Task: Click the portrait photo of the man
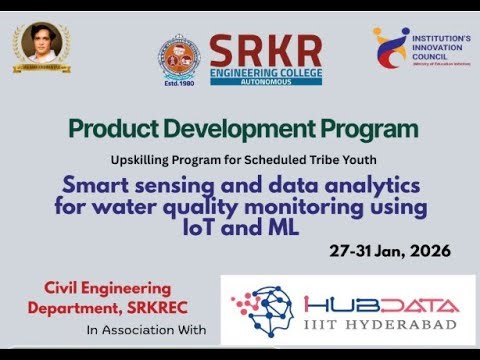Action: click(x=41, y=48)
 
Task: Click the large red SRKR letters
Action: click(x=265, y=49)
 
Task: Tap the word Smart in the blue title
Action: click(x=92, y=185)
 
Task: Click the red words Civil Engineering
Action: click(x=106, y=288)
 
